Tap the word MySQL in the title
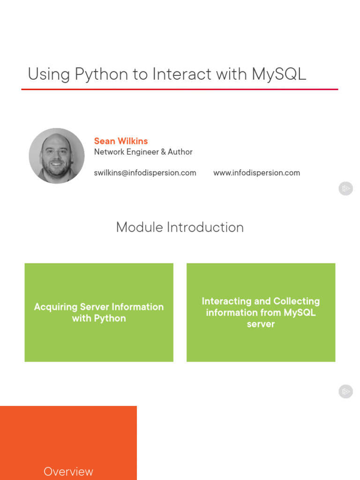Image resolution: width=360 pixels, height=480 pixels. [x=278, y=75]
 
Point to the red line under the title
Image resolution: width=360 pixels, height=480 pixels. [x=180, y=89]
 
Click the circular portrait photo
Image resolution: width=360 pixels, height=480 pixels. [x=57, y=156]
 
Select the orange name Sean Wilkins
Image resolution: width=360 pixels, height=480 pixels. [x=121, y=141]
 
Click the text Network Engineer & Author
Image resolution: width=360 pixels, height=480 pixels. [x=143, y=152]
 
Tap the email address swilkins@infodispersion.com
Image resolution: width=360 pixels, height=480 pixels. [x=145, y=173]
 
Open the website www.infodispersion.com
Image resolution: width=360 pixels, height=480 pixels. [x=256, y=173]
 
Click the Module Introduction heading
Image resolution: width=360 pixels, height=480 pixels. [x=180, y=227]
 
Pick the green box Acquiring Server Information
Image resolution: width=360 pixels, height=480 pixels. [x=99, y=312]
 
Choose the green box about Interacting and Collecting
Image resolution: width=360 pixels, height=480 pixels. [x=261, y=312]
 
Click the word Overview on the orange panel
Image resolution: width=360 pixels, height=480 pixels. [x=68, y=472]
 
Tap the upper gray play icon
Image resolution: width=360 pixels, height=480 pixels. [x=345, y=189]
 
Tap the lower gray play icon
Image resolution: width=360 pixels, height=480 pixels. [x=345, y=391]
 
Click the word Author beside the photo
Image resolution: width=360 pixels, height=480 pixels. [x=180, y=152]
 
